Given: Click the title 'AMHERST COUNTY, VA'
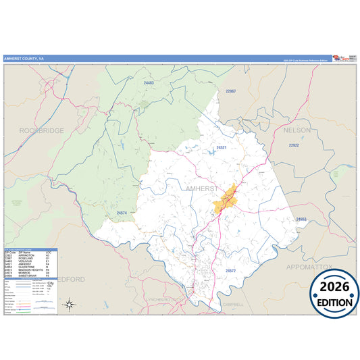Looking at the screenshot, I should pos(24,59).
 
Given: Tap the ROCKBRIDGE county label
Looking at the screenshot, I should pos(41,130).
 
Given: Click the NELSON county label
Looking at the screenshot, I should pos(297,129).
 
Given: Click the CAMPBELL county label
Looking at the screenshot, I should pos(233,304).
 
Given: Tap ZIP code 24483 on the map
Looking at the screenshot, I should pos(149,82).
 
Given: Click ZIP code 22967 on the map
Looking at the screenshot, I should pos(230,91).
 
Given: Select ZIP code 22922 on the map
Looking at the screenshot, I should pos(293,145).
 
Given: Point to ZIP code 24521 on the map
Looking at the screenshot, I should pos(221,147).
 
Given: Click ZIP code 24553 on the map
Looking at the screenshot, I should pos(301,219).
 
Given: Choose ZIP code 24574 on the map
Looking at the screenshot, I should pos(122,213).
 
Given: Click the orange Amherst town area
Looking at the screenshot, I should pos(225,199).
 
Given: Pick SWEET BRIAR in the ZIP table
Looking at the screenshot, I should pos(31,276).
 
